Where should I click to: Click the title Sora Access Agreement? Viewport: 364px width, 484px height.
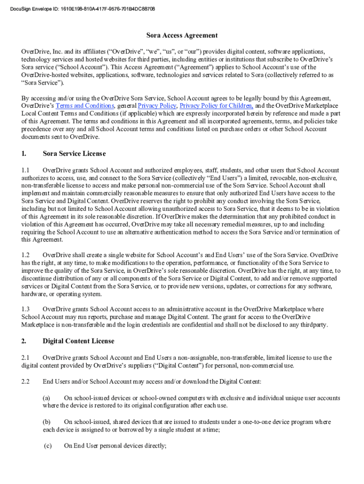click(x=182, y=35)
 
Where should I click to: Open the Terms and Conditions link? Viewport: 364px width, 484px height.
click(x=85, y=106)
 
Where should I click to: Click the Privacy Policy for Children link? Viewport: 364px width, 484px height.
click(x=217, y=106)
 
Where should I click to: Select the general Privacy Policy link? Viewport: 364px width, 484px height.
click(x=157, y=106)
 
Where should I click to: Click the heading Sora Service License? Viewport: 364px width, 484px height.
click(x=74, y=154)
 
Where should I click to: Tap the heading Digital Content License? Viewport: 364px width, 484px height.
click(x=78, y=341)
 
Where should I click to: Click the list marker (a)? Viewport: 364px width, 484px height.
click(x=47, y=398)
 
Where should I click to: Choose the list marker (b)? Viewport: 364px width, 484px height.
click(x=47, y=422)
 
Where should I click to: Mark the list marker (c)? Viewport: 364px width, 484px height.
click(x=48, y=446)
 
